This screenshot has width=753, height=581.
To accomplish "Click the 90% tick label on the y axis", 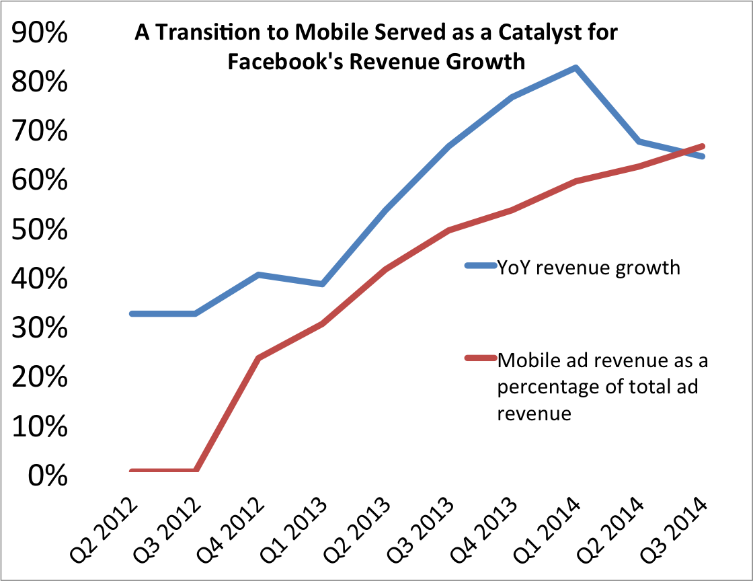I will click(x=39, y=33).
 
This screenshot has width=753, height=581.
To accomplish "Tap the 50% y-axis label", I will click(x=39, y=230).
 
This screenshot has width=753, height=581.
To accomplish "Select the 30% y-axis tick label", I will click(x=39, y=329).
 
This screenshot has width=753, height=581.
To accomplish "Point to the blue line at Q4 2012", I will click(x=260, y=274).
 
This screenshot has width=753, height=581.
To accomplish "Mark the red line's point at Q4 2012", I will click(x=260, y=358).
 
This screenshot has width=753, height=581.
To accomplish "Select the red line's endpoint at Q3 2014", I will click(x=703, y=146).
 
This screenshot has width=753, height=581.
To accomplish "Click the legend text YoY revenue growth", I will click(x=588, y=268).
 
